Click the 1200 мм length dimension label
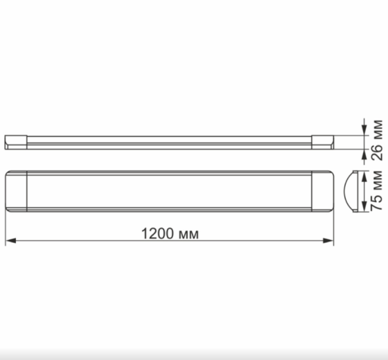coord(170,233)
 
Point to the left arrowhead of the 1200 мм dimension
coord(9,242)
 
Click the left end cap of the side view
coord(17,141)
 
